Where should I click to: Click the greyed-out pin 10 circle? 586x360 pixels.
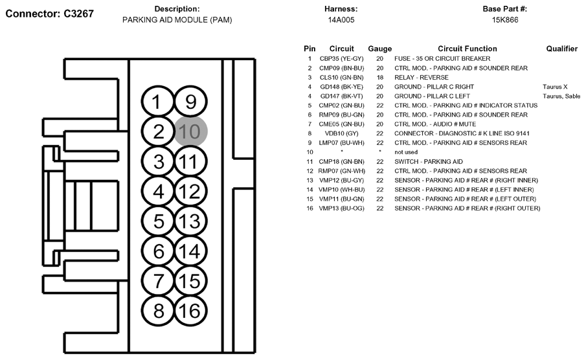point(190,131)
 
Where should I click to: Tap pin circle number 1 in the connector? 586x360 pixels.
point(157,102)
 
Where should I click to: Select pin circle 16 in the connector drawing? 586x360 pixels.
point(190,311)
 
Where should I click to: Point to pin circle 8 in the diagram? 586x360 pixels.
point(158,311)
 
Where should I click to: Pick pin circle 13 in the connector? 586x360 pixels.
point(190,221)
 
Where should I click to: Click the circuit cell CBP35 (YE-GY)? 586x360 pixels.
point(342,59)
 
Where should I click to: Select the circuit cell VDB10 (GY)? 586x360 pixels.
point(342,133)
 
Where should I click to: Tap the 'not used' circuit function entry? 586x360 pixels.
point(406,152)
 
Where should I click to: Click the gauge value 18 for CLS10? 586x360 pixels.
point(379,78)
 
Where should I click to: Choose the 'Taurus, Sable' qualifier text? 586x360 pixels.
point(561,96)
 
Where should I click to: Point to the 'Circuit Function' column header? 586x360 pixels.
point(467,49)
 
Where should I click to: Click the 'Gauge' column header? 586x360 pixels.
point(379,49)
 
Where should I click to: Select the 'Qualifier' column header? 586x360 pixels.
point(561,49)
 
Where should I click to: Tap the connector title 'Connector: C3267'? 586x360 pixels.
point(49,14)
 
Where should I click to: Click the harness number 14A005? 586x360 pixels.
point(341,20)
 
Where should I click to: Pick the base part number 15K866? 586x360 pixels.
point(505,20)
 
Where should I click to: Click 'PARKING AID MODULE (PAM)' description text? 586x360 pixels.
point(177,20)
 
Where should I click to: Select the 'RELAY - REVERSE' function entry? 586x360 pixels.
point(421,78)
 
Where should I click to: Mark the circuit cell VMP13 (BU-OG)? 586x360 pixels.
point(342,208)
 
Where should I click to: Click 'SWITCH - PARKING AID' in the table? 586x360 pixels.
point(428,161)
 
